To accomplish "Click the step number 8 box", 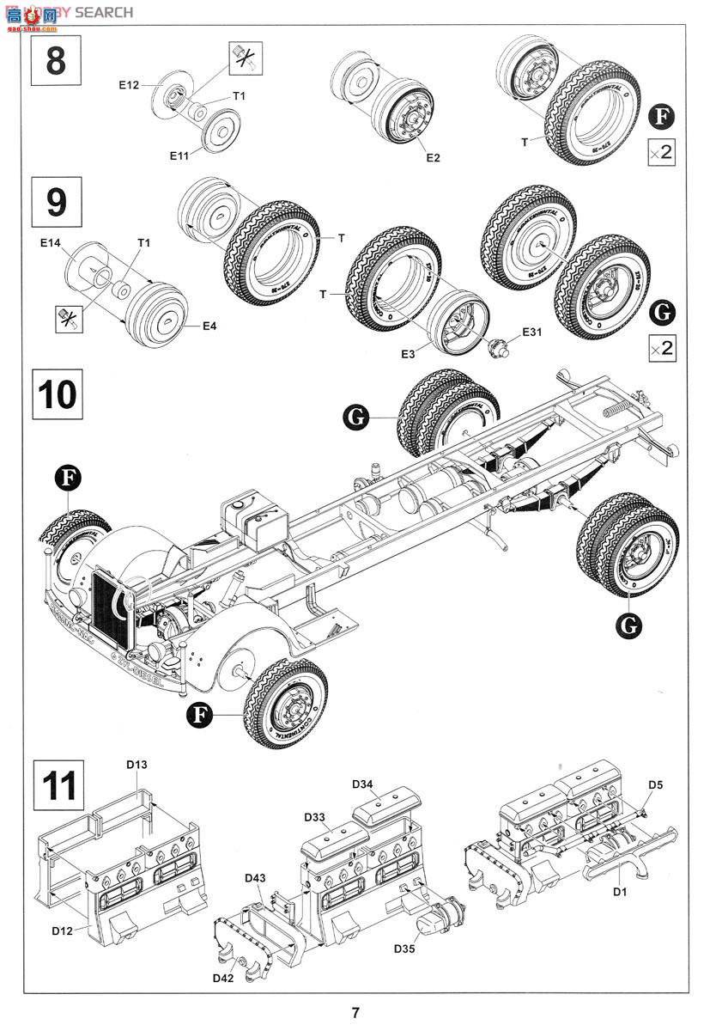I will click(56, 60).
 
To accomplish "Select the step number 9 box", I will click(56, 202).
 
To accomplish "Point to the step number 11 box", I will click(58, 785).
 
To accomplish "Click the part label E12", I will click(129, 84).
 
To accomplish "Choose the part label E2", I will click(432, 157).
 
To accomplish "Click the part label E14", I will click(49, 244).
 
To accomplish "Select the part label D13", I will click(137, 765).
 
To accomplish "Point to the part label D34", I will click(362, 784).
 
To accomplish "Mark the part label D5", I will click(655, 784).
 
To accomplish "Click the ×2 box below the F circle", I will click(661, 154).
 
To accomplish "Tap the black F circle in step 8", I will click(661, 117).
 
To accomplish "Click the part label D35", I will click(405, 949).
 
